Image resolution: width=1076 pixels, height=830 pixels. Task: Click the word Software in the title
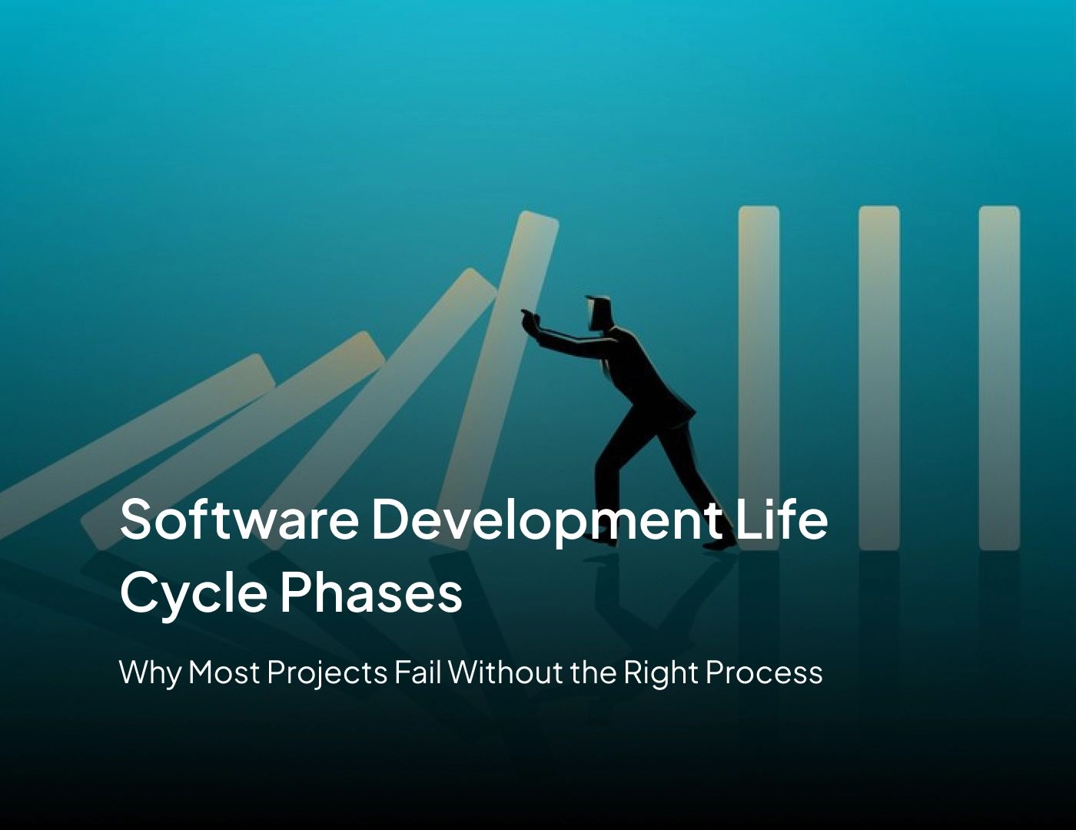tap(238, 519)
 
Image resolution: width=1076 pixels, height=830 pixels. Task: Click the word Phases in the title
tap(370, 593)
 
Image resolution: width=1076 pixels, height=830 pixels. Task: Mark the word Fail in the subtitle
tap(418, 672)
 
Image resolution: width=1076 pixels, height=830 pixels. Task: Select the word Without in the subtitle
tap(507, 672)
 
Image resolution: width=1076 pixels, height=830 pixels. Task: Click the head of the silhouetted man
tap(600, 312)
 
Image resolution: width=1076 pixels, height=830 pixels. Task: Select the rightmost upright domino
tap(998, 377)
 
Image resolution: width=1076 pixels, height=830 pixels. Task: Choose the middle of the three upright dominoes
tap(878, 377)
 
